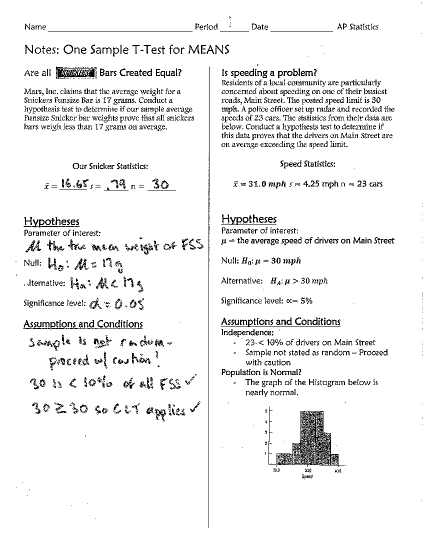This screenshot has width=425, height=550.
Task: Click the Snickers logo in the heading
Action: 76,73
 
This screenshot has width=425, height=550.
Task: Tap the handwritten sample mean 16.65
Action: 74,184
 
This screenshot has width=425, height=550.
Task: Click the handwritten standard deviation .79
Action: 116,184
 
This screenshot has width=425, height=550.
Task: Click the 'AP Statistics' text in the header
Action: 357,27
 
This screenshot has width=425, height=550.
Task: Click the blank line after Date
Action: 301,28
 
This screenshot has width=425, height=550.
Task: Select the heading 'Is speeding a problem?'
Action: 269,73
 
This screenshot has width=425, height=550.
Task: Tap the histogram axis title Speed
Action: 307,476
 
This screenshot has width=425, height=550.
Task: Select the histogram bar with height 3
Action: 327,448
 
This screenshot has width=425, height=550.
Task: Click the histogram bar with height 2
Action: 296,454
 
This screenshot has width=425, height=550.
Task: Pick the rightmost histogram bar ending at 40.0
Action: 335,459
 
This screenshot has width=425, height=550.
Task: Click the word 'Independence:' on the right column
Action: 247,333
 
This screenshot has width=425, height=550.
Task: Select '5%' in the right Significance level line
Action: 306,301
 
